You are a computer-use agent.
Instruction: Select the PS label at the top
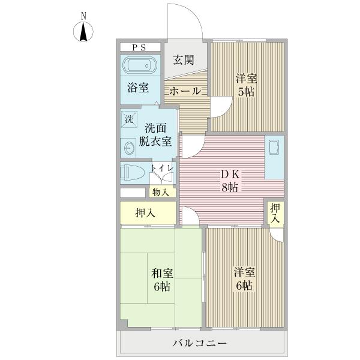tap(139, 47)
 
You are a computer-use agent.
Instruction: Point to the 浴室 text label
tap(138, 88)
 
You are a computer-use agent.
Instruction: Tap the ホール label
tap(185, 91)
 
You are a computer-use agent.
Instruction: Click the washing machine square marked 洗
tap(129, 119)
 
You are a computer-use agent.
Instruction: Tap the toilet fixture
tap(133, 173)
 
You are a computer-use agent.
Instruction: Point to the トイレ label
tap(162, 169)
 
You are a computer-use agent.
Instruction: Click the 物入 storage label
tap(160, 192)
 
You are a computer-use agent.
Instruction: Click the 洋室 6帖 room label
tap(244, 278)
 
